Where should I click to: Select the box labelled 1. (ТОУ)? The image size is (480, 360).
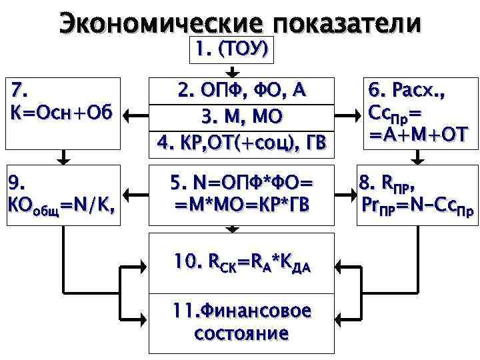point(231,49)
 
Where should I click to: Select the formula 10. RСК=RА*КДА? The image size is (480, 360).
point(241,263)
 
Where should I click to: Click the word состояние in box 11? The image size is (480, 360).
point(241,333)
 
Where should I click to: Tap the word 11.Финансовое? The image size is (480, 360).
point(241,311)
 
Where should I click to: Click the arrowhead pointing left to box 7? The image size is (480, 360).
point(131,116)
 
